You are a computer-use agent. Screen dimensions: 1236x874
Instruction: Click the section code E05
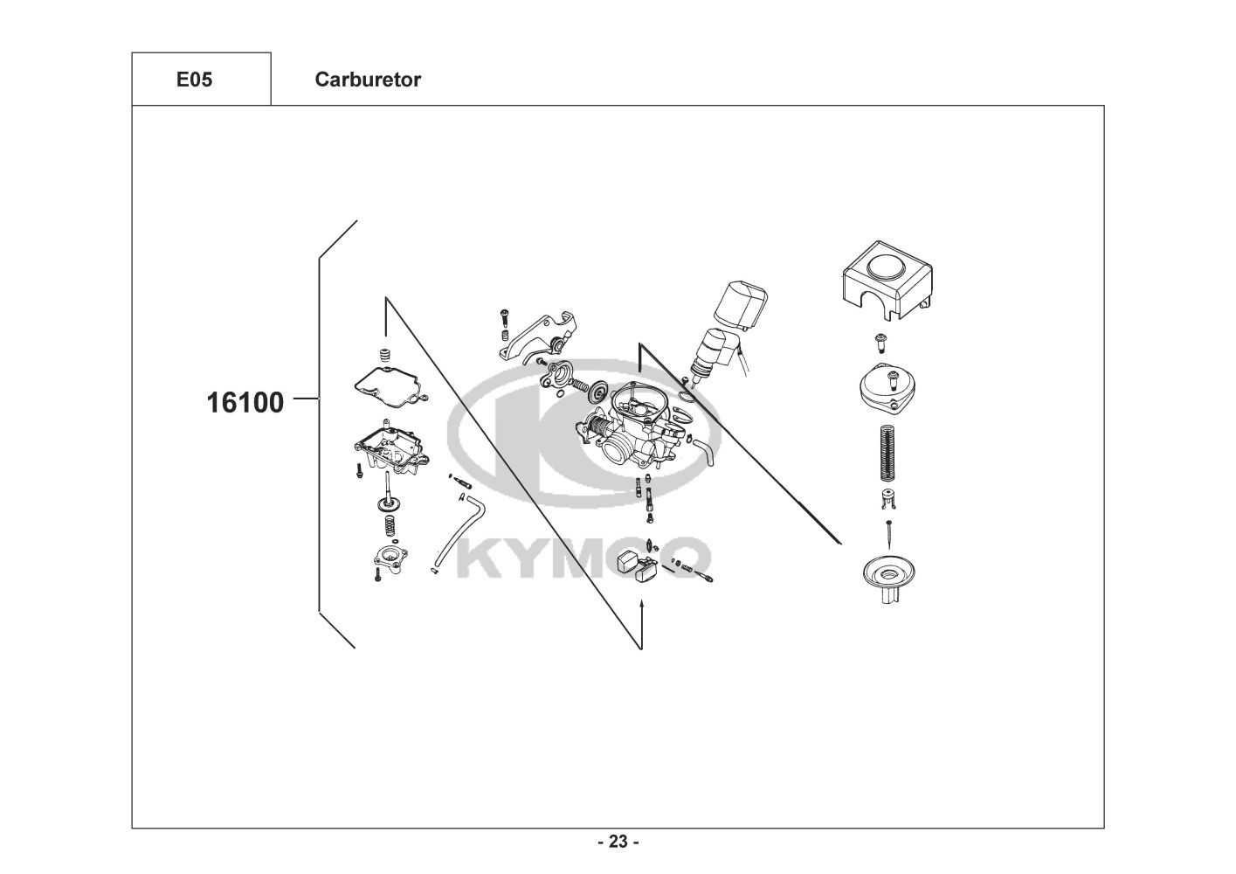[194, 80]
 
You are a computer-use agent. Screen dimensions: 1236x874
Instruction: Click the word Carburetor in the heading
[368, 80]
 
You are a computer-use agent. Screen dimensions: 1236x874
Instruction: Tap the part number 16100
[245, 402]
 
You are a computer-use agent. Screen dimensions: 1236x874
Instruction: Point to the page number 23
[618, 842]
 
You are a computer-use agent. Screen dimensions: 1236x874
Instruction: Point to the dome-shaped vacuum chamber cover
[887, 385]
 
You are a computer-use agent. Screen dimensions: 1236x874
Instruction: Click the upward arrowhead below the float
[642, 605]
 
